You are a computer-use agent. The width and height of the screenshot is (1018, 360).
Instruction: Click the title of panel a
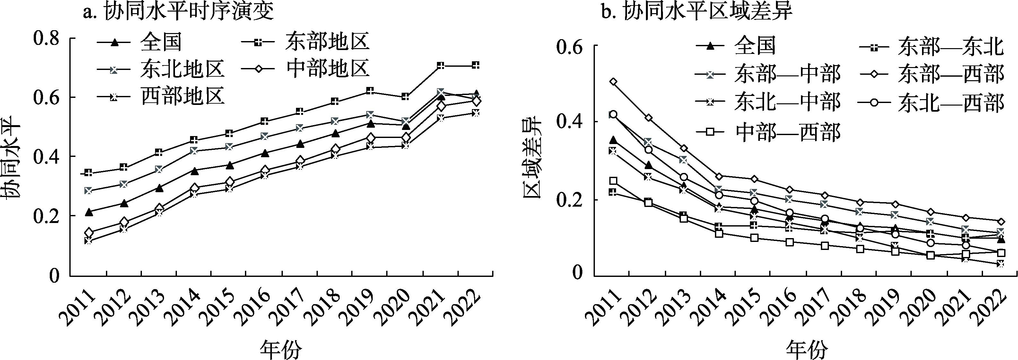pos(178,12)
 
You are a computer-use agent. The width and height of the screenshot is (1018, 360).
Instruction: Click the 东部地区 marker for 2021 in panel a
pos(441,65)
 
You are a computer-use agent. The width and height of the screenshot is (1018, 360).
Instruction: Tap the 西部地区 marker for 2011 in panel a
pos(89,240)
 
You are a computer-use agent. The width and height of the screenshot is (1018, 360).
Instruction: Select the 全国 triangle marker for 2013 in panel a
pos(159,188)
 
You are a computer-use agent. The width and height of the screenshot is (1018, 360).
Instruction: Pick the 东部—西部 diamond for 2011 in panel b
pos(613,82)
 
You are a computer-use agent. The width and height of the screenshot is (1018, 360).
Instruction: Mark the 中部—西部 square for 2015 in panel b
pos(754,238)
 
